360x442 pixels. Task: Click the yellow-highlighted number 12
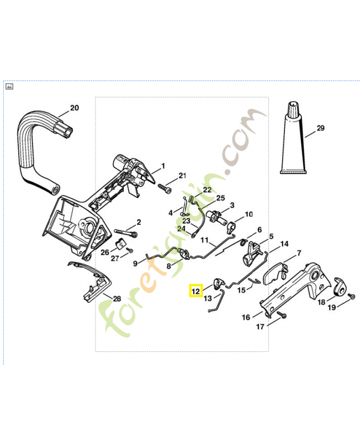point(195,291)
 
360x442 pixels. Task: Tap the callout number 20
point(75,108)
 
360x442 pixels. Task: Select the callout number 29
point(321,128)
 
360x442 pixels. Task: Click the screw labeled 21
point(165,188)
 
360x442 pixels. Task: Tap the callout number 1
point(163,166)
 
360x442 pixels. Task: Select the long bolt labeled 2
point(126,233)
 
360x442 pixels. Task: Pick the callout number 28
point(117,298)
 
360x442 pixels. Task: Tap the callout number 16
point(246,317)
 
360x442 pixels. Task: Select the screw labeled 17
point(282,314)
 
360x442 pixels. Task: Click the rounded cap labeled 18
point(341,287)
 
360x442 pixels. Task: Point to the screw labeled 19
point(352,296)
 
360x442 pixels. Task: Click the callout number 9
point(135,264)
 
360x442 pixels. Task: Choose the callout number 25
point(220,198)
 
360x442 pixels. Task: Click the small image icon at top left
point(9,87)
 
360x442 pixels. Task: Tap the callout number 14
point(284,244)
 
